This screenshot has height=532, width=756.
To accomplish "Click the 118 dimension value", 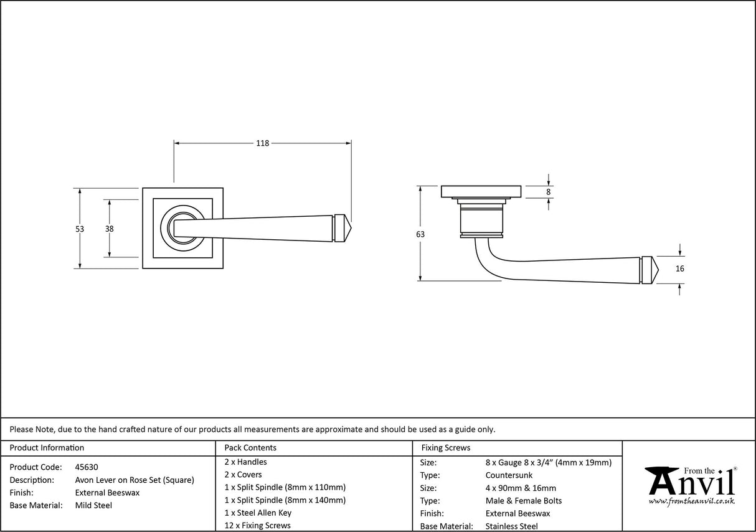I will point(262,143).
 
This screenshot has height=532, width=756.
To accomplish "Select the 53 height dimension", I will point(80,229).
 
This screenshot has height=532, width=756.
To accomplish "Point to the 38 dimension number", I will point(110,229).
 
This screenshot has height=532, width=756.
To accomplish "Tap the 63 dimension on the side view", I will point(420,234).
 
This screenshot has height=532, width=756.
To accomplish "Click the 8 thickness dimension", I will point(548,192).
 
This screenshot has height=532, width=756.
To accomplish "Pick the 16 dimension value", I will point(679,269).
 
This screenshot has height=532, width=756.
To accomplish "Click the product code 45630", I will point(86,467).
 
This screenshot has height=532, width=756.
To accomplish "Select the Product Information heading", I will point(47,448).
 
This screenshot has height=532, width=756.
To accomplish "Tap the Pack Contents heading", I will point(250,448).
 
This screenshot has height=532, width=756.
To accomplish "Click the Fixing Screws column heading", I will point(446,448).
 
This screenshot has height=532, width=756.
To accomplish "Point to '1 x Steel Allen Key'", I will point(258,513).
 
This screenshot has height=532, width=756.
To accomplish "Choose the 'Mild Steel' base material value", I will point(93,505).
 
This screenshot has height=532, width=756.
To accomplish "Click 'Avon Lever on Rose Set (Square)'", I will point(135,480).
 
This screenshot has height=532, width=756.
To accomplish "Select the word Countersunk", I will point(509,475).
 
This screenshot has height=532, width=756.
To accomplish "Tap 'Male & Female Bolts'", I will point(524,501).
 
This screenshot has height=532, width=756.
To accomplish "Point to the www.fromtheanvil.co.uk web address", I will point(691,501).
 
